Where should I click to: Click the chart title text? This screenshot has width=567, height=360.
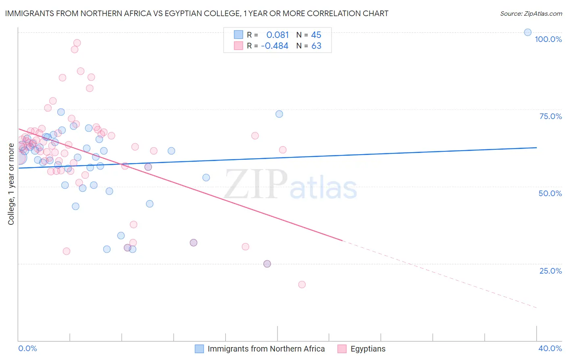(x=197, y=13)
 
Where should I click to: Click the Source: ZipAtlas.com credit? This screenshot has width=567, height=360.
(x=531, y=14)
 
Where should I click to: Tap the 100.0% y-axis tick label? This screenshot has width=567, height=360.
(x=548, y=39)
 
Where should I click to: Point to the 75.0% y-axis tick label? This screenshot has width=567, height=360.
(x=550, y=116)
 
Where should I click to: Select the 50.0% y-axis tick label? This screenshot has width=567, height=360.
(x=550, y=193)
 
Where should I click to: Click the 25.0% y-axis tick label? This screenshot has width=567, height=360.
(x=550, y=271)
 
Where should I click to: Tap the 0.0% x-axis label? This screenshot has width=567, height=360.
(x=27, y=348)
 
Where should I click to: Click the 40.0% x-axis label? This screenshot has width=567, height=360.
(x=550, y=348)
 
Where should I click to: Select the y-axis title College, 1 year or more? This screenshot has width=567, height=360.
(x=11, y=184)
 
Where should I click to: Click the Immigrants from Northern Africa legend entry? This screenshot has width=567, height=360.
(x=266, y=349)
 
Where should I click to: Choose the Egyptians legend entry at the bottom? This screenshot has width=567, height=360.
(x=368, y=349)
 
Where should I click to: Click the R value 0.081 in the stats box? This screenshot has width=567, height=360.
(x=277, y=35)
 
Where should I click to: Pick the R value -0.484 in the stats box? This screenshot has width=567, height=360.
(x=275, y=46)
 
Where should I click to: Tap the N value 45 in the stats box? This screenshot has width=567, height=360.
(x=316, y=35)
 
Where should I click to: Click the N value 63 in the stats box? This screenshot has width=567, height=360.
(x=316, y=46)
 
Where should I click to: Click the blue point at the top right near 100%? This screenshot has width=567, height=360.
(x=527, y=32)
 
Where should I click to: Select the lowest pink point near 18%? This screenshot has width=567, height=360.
(x=302, y=285)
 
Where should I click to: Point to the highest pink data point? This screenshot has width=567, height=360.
(x=77, y=43)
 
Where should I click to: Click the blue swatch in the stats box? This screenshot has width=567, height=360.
(x=238, y=35)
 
